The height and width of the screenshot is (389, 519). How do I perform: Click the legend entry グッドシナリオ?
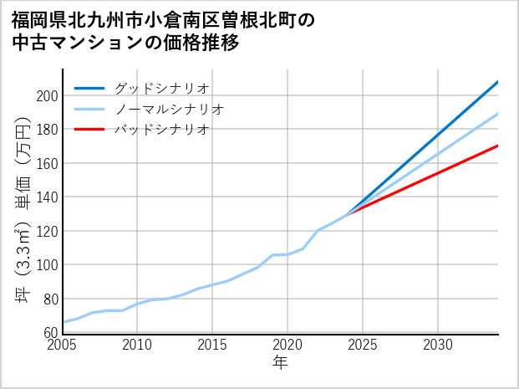pos(161,88)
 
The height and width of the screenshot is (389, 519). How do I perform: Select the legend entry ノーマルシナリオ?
pos(169,109)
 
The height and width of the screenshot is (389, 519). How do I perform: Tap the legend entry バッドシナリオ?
pos(161,130)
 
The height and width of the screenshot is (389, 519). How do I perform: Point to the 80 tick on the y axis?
pos(50,299)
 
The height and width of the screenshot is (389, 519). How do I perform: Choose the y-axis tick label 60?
pos(50,333)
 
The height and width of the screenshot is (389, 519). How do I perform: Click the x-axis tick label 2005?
pos(63,345)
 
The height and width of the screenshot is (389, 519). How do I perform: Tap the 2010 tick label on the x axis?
pos(138,345)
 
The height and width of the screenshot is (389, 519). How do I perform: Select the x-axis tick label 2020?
pos(287,345)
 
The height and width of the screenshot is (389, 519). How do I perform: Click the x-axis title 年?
pos(281,363)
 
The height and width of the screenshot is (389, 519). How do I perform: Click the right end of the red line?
pos(498,146)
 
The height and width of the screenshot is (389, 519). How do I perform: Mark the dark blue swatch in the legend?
pos(89,88)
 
